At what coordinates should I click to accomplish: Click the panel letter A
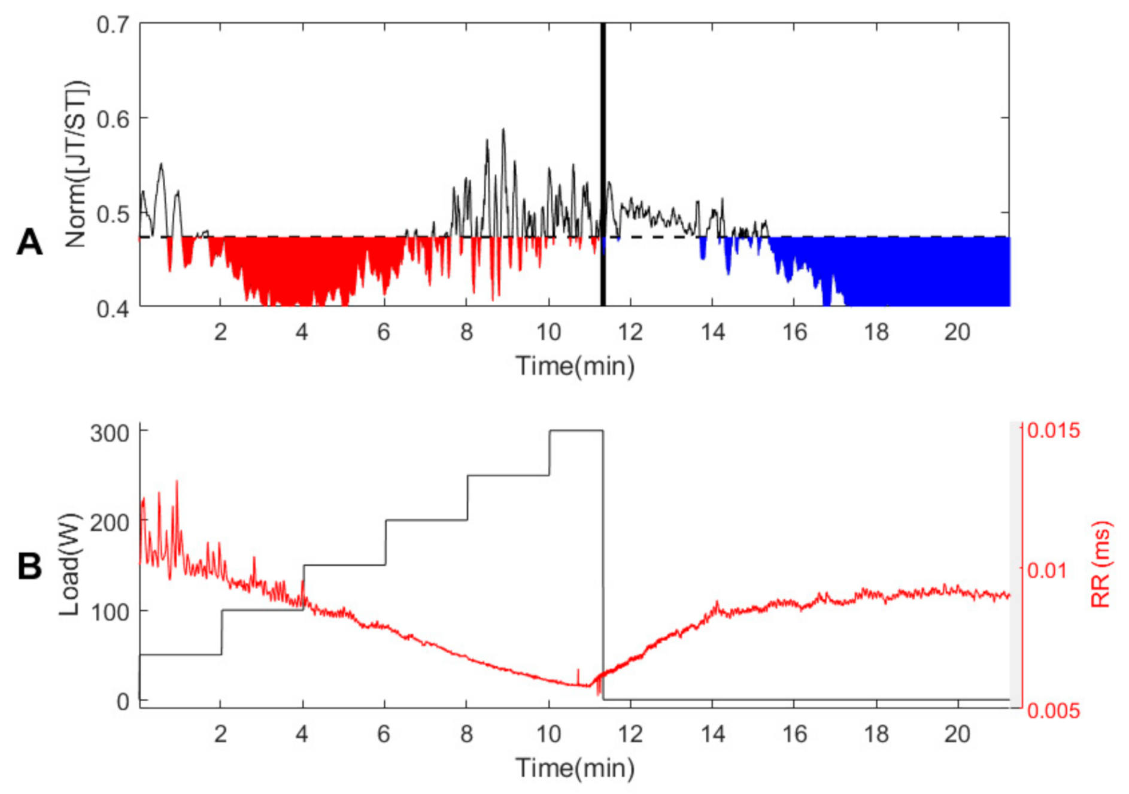coord(30,243)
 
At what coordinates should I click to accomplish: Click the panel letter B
coord(30,566)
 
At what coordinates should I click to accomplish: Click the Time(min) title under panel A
coord(575,366)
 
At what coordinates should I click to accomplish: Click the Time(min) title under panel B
coord(575,768)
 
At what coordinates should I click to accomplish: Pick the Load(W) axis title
coord(69,565)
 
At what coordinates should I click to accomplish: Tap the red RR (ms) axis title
coord(1100,565)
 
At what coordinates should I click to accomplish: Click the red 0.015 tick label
coord(1054,430)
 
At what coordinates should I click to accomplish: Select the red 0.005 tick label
coord(1054,711)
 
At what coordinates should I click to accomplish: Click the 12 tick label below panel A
coord(630,332)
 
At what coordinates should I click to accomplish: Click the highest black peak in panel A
coord(503,130)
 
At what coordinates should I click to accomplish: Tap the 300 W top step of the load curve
coord(576,431)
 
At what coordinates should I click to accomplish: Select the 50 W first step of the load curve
coord(180,654)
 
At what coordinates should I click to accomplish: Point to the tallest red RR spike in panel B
coord(177,483)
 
